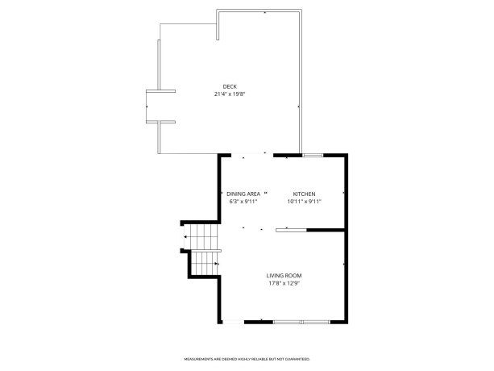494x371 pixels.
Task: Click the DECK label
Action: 230,87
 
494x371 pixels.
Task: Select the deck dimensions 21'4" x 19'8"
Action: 230,94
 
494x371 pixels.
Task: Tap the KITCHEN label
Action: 304,194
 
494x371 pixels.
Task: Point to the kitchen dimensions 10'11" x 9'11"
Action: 304,202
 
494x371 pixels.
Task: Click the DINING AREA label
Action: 243,194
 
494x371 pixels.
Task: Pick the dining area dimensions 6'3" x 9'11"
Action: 243,202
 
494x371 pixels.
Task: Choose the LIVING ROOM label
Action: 284,276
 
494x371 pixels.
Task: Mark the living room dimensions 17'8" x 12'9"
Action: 284,284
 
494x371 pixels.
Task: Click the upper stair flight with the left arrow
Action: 203,237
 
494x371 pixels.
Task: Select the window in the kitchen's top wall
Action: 313,154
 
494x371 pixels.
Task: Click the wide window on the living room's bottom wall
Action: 301,322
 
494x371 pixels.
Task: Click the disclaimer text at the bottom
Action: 247,358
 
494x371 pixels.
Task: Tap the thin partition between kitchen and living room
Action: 291,230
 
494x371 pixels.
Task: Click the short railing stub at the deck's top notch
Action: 218,24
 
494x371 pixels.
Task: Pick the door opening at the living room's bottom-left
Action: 233,322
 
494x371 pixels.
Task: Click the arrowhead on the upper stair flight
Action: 186,237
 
